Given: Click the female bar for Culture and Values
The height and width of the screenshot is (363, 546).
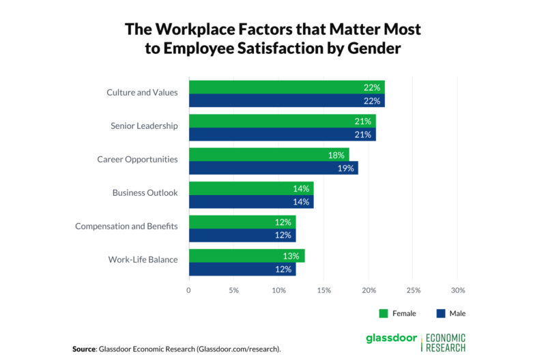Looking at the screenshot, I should pos(287,87).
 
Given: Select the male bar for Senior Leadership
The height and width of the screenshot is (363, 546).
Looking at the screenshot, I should pos(282,134).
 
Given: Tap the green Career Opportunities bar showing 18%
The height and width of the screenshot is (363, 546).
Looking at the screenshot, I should pos(269,154).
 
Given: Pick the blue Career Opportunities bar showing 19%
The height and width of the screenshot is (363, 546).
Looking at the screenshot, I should pos(273,168).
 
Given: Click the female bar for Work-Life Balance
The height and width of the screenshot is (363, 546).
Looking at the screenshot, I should pos(246,256).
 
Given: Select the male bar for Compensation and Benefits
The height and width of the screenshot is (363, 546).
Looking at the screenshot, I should pos(242,235).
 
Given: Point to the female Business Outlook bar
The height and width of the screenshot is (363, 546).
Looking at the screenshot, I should pos(251,188).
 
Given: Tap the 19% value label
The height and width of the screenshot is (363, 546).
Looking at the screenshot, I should pos(346,168).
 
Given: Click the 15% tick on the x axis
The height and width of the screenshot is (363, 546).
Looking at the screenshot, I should pos(324,290).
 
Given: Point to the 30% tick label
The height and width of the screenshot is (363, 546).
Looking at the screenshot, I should pos(458,290).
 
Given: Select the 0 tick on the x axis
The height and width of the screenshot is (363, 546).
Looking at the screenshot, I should pos(189,290).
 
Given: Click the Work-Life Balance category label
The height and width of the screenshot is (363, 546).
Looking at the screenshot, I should pos(143,260).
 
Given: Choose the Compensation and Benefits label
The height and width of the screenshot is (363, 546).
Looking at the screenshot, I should pos(126,226).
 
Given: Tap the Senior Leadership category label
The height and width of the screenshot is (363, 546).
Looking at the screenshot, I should pos(144,126).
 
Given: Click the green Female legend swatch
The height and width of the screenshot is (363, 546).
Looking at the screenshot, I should pos(384,314).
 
